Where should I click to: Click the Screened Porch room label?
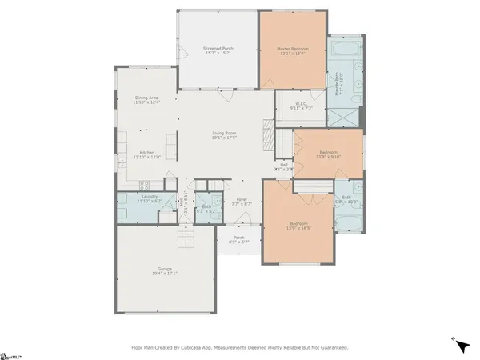pos(218,49)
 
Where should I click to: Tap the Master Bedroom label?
pos(292,49)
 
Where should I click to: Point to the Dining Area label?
pos(146,98)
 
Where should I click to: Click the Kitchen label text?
pos(146,153)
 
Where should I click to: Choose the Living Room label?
pos(227,133)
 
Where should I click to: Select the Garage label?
pos(165,268)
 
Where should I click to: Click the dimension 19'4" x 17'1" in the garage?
pos(165,274)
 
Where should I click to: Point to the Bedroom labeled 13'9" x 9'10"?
pos(328,151)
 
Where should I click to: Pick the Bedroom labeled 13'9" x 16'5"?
pos(297,224)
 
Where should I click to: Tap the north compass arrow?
pos(462,346)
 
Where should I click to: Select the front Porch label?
pos(238,238)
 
